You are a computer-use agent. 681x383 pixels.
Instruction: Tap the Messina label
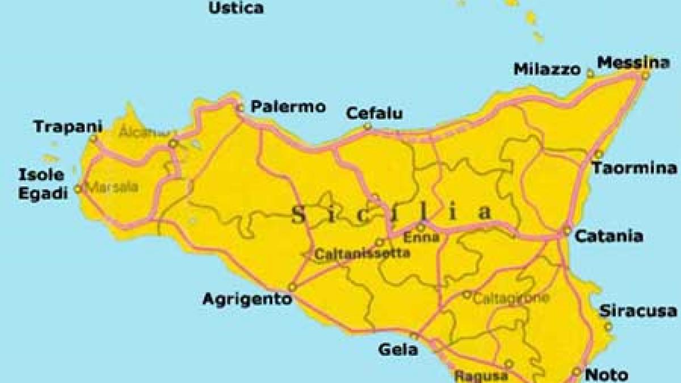pos(633,62)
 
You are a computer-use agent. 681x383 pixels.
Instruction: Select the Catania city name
pos(609,235)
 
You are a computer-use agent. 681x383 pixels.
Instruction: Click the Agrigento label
pos(247,298)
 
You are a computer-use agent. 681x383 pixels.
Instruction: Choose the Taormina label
pos(634,169)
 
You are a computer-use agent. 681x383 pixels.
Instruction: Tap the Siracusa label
pos(638,311)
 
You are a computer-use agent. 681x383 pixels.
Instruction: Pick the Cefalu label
pos(375,113)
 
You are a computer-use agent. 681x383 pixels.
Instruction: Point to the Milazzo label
pos(547,69)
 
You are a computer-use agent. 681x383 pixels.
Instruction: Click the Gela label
pos(398,350)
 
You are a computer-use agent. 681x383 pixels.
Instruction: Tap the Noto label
pos(606,374)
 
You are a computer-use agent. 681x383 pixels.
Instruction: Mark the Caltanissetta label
pos(361,253)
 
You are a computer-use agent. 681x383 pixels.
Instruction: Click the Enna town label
pos(421,237)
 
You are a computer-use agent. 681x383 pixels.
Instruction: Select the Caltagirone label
pos(511,297)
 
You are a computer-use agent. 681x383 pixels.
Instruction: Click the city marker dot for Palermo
pos(241,107)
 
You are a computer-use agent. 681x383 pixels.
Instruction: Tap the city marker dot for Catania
pos(566,231)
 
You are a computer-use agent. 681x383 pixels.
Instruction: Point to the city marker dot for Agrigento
pos(292,288)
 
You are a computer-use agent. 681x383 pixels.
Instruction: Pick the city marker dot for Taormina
pos(598,154)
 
